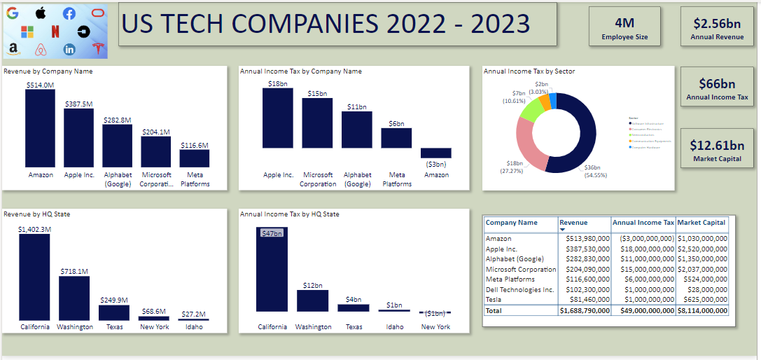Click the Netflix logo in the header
pyautogui.click(x=55, y=31)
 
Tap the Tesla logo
pyautogui.click(x=98, y=48)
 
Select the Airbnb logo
pyautogui.click(x=41, y=49)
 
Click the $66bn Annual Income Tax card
pyautogui.click(x=717, y=88)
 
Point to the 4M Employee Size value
pyautogui.click(x=624, y=22)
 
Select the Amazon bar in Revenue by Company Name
pyautogui.click(x=40, y=128)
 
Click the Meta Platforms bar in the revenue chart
pyautogui.click(x=194, y=158)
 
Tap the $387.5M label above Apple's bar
pyautogui.click(x=78, y=104)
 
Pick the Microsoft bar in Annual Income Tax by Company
pyautogui.click(x=317, y=123)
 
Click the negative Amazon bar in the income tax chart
pyautogui.click(x=435, y=153)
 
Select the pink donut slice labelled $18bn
pyautogui.click(x=528, y=143)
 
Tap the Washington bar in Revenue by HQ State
pyautogui.click(x=74, y=298)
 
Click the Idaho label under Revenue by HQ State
pyautogui.click(x=193, y=327)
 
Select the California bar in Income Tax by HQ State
pyautogui.click(x=272, y=279)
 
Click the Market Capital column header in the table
pyautogui.click(x=701, y=223)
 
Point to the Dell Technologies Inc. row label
pyautogui.click(x=519, y=289)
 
